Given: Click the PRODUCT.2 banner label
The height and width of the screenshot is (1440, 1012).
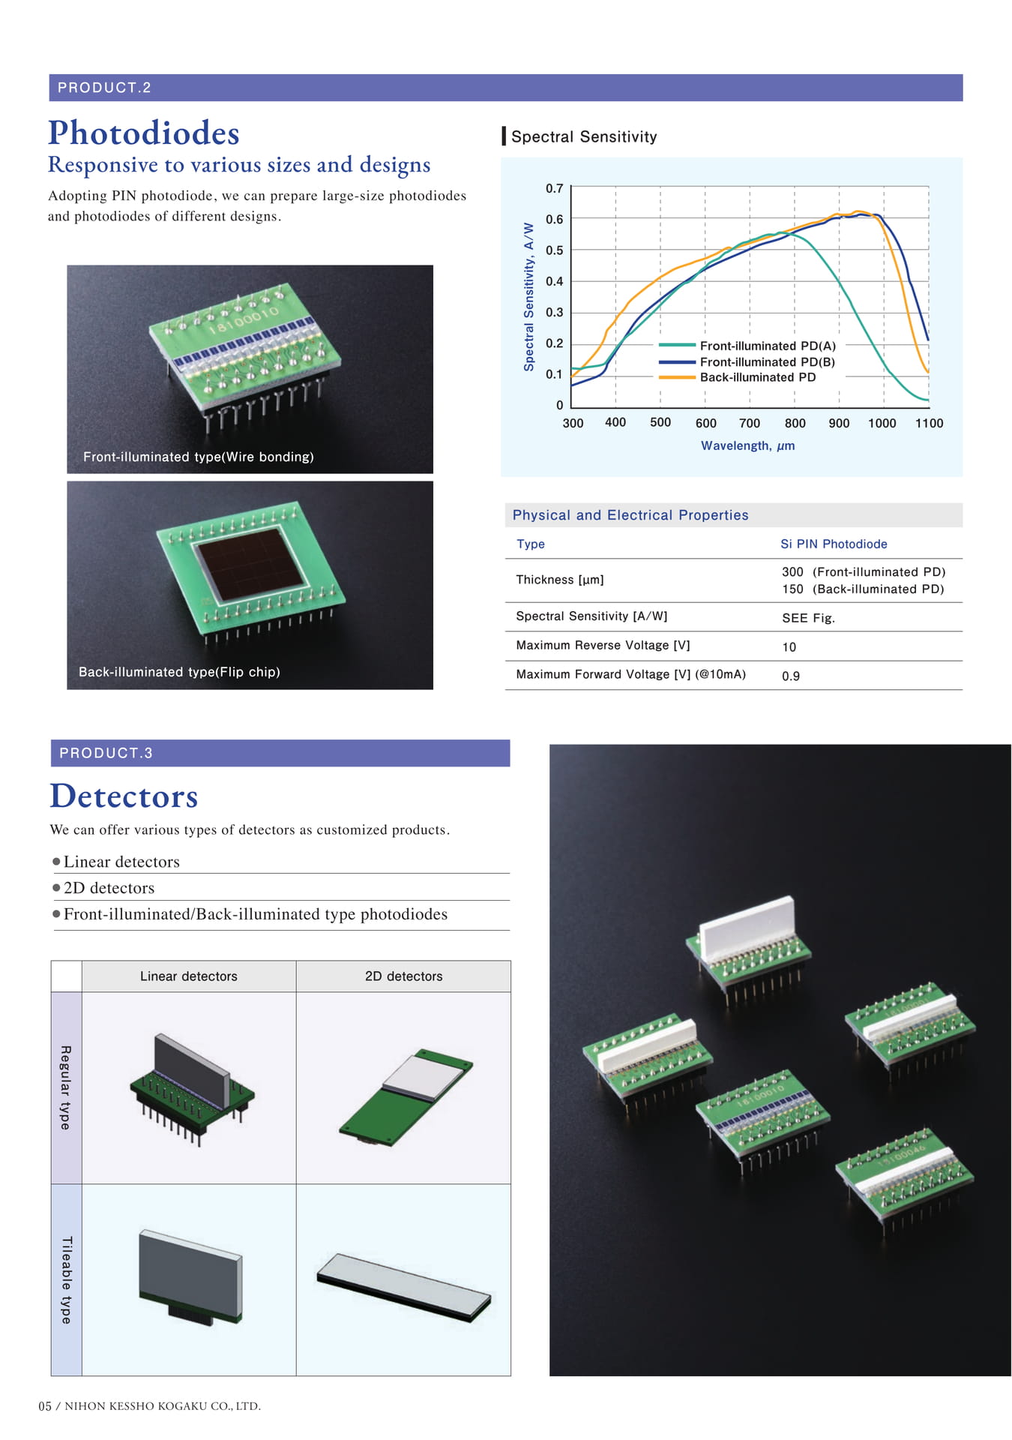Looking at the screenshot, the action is tap(104, 88).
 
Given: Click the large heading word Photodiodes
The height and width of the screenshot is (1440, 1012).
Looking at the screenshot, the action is tap(144, 133).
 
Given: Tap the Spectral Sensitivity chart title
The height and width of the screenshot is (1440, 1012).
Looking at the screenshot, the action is tap(584, 136).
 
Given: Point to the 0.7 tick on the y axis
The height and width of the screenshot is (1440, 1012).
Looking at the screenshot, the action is tap(554, 188).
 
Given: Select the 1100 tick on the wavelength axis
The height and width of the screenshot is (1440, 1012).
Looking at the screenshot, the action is tap(929, 423).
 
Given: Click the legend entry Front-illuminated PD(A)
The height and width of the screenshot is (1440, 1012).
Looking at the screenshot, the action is tap(768, 346).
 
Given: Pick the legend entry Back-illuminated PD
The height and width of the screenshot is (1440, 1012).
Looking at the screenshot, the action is tap(758, 377).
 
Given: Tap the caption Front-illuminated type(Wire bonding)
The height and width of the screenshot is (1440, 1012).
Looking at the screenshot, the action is tap(199, 457).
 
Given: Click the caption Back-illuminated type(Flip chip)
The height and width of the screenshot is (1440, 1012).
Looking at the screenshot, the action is tap(179, 672).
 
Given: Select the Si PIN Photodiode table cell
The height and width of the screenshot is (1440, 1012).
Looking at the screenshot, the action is tap(834, 544).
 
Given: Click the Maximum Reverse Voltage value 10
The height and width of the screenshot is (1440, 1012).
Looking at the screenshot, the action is tap(789, 647).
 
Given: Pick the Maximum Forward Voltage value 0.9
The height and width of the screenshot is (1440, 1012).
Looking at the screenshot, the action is tap(790, 676).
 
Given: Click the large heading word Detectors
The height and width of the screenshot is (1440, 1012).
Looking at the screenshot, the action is tap(124, 796).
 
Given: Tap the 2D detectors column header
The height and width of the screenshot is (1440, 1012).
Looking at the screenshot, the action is tap(403, 976).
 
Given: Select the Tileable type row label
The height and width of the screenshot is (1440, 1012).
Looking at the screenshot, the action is tap(67, 1279).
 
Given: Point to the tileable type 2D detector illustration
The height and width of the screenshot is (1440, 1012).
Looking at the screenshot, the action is tap(403, 1287).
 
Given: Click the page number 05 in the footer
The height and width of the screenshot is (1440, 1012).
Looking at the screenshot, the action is tap(45, 1406).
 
